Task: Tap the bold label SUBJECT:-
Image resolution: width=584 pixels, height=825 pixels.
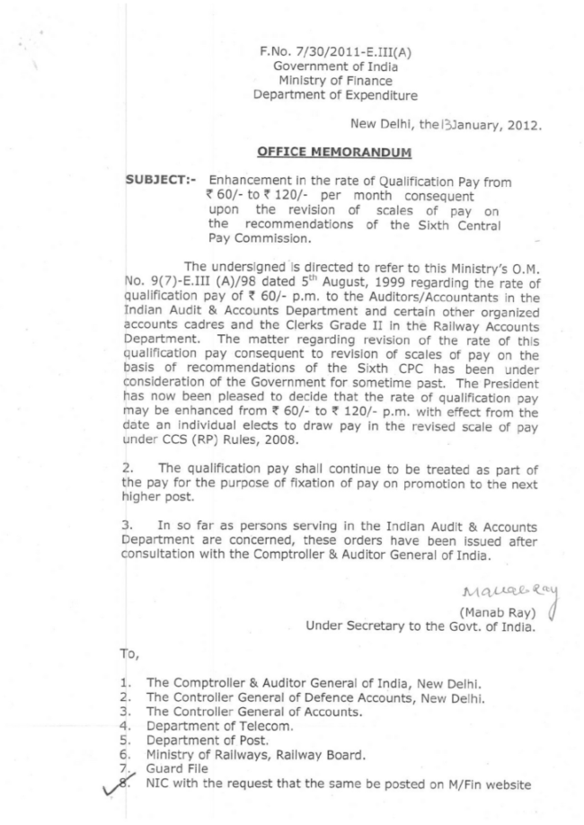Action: point(163,182)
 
